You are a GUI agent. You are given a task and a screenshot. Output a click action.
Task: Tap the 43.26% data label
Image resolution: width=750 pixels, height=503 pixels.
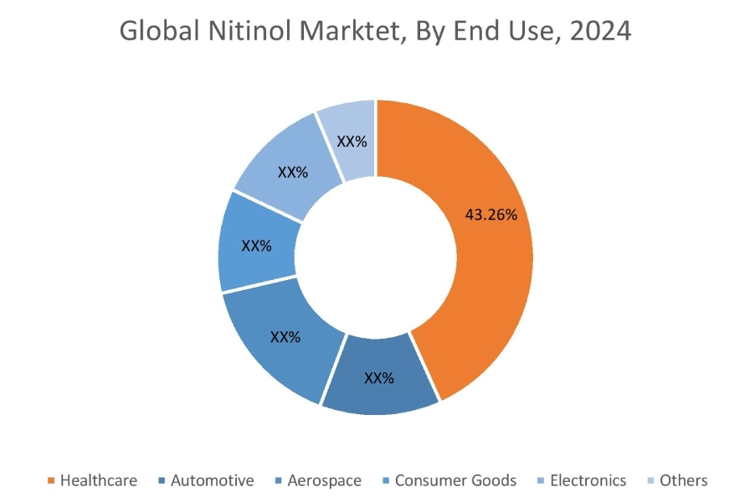pyautogui.click(x=491, y=215)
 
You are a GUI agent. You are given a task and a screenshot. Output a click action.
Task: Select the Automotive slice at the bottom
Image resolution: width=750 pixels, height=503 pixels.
pyautogui.click(x=378, y=381)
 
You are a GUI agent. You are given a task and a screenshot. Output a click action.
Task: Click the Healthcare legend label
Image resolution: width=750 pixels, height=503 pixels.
pyautogui.click(x=98, y=480)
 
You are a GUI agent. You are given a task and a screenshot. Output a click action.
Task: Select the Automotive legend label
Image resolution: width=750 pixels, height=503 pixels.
pyautogui.click(x=212, y=480)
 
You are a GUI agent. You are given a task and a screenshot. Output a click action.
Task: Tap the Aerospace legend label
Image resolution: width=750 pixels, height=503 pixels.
pyautogui.click(x=324, y=480)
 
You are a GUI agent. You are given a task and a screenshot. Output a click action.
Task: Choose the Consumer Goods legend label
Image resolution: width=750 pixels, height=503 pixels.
pyautogui.click(x=455, y=480)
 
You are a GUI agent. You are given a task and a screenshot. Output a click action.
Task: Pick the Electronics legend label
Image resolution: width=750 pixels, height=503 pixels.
pyautogui.click(x=587, y=480)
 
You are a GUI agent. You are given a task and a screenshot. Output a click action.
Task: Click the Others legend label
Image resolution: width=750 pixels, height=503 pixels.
pyautogui.click(x=683, y=480)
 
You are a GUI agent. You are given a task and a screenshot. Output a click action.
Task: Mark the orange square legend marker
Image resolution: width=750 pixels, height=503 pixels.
pyautogui.click(x=52, y=481)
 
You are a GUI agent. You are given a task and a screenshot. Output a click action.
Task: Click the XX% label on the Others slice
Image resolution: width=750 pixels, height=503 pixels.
pyautogui.click(x=352, y=142)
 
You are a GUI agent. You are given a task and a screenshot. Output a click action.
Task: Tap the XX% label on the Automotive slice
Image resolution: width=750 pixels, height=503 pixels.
pyautogui.click(x=378, y=378)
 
